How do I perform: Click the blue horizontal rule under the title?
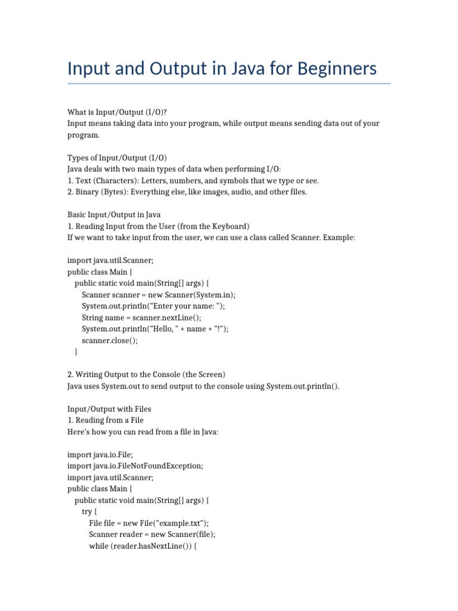(x=229, y=84)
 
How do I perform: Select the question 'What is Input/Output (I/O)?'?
(x=113, y=112)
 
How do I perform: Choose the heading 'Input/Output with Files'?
(x=109, y=409)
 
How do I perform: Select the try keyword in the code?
(x=86, y=511)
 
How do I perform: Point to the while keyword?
(x=98, y=545)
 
